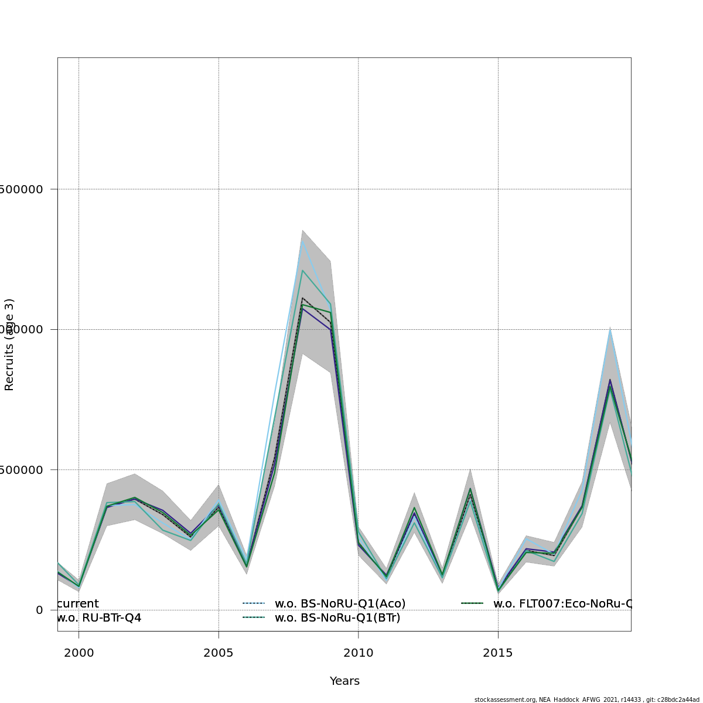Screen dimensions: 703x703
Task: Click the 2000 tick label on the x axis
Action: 79,653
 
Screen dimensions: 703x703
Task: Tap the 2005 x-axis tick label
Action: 219,653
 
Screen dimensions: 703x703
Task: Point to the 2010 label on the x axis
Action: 359,653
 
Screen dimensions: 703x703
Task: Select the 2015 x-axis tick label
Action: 498,653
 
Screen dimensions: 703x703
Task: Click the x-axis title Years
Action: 344,681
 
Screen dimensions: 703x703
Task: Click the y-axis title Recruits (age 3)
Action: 9,344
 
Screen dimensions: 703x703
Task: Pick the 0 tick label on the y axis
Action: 39,610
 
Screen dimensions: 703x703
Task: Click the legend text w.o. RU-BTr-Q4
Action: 99,617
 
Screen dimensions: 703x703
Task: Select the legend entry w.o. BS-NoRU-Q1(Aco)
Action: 340,603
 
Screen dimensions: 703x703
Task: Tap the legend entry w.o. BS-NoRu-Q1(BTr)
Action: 337,617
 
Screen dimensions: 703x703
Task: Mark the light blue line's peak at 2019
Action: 610,329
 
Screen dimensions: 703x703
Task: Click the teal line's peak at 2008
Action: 302,270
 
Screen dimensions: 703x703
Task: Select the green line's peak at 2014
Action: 470,488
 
